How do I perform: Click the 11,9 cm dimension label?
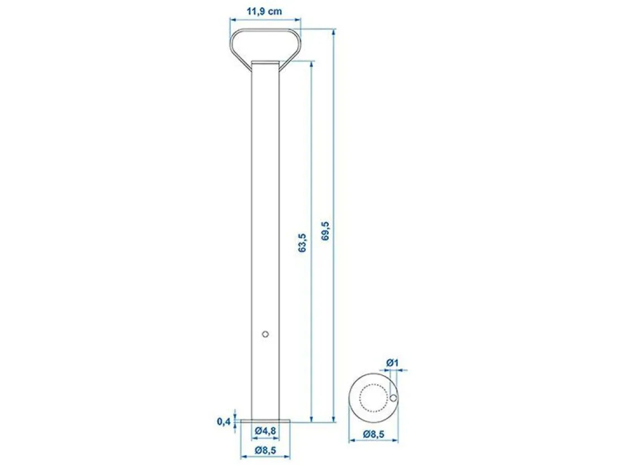tap(264, 11)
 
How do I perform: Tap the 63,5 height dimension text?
tap(302, 242)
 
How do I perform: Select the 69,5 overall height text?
tap(326, 231)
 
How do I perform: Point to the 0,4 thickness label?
tap(224, 421)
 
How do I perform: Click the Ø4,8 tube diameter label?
tap(265, 430)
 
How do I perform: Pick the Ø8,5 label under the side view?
tap(265, 450)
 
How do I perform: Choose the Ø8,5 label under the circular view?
tap(373, 433)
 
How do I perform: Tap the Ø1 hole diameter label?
tap(392, 362)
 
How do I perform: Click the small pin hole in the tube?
tap(265, 334)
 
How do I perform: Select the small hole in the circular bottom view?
tap(393, 398)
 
